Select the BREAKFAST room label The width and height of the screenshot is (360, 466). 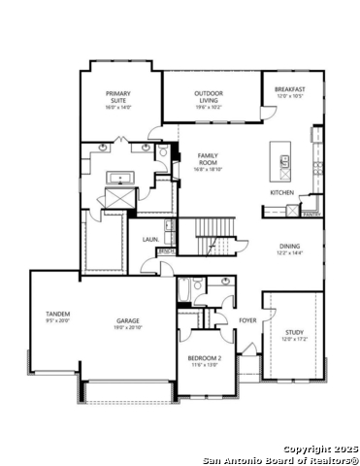coord(290,89)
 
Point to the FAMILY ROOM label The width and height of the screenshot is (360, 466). coord(208,158)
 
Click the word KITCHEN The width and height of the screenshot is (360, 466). coord(281,191)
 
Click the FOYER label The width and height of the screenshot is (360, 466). coord(248,319)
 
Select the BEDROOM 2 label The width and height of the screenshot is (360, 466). coord(205,358)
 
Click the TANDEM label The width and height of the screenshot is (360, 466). coord(58,314)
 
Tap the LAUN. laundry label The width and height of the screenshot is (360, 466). coord(150,238)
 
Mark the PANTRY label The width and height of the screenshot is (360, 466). coord(311,214)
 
